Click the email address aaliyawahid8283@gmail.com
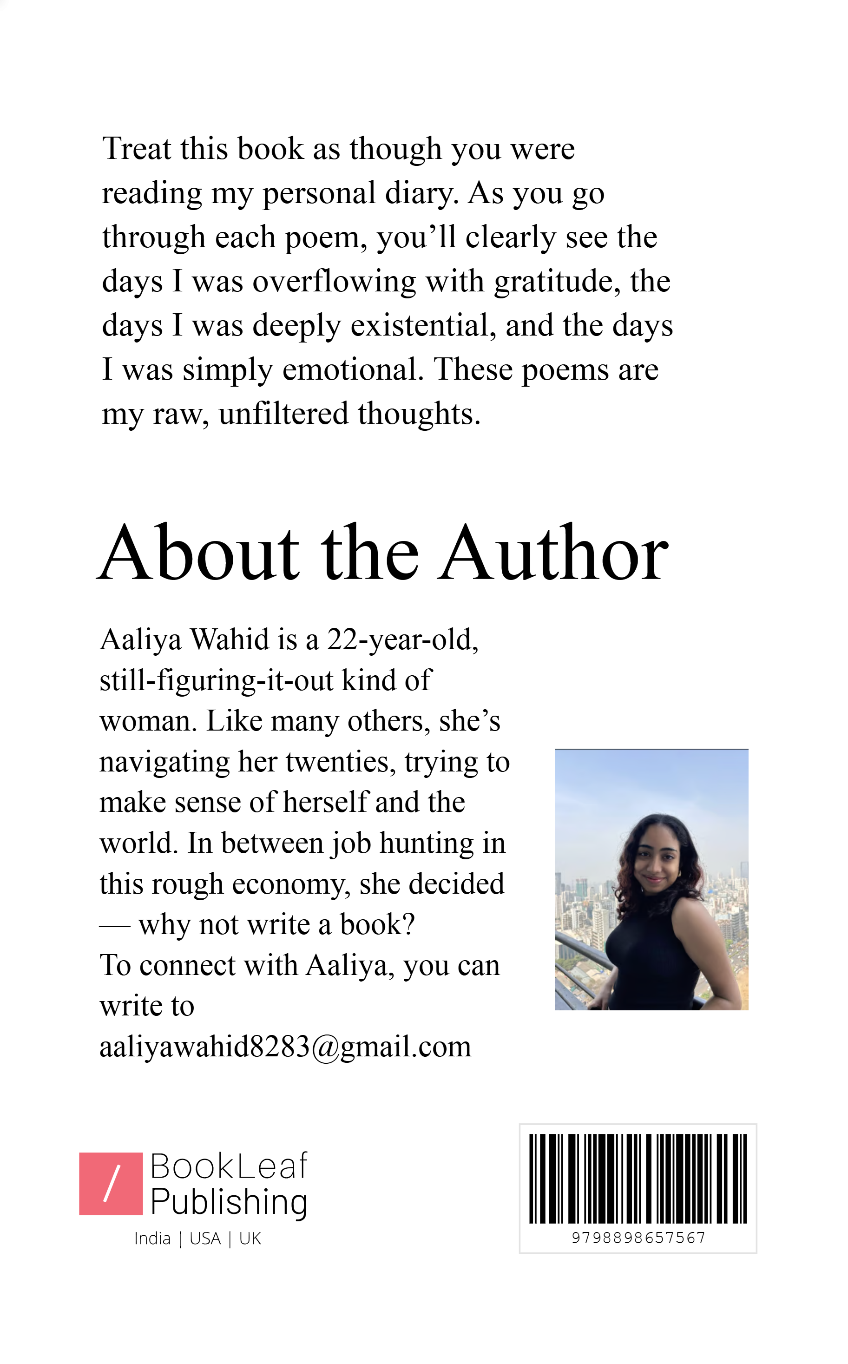point(285,1047)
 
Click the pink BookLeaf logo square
point(111,1184)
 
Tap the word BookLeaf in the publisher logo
point(229,1166)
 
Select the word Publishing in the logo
point(229,1202)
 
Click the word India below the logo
point(152,1239)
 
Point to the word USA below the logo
point(205,1239)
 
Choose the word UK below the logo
point(250,1239)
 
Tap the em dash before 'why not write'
point(114,926)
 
